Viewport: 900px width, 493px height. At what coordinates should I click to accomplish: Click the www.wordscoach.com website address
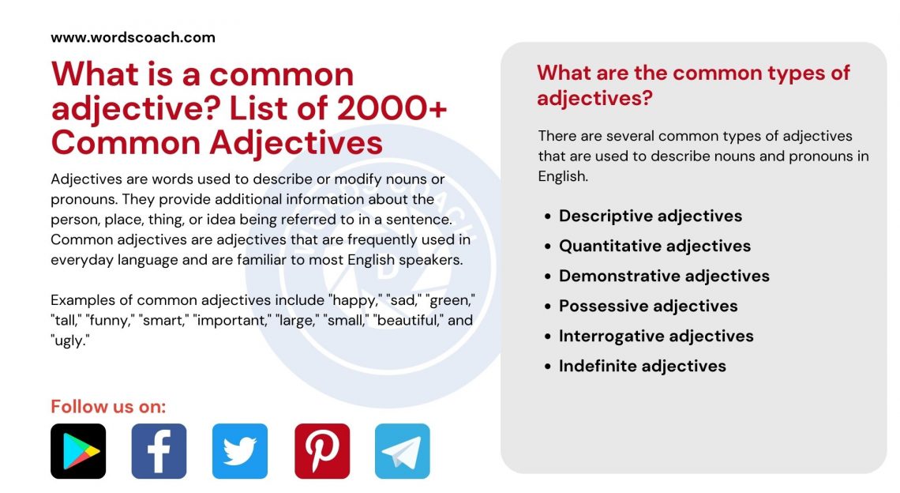click(133, 37)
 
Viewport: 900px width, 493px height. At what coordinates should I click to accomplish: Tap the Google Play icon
click(78, 451)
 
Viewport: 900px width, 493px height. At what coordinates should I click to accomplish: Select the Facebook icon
click(159, 451)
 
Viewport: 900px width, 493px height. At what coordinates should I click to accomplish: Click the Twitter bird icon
click(240, 451)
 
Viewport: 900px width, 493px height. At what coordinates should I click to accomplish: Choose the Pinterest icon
click(322, 451)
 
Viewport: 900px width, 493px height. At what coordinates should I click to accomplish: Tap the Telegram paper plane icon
click(403, 451)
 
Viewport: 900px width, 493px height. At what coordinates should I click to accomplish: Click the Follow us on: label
click(108, 407)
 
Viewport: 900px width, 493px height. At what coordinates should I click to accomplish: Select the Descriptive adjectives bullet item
click(651, 216)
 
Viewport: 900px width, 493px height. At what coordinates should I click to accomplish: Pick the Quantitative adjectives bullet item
click(654, 246)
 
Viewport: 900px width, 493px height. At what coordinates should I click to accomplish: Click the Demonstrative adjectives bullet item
click(664, 276)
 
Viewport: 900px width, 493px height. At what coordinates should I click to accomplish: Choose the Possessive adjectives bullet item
click(648, 306)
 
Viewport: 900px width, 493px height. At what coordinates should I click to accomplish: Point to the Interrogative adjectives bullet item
click(656, 336)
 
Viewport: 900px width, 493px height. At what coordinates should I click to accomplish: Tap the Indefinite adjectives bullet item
click(643, 366)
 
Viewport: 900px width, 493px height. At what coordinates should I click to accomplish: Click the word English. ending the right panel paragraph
click(563, 176)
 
